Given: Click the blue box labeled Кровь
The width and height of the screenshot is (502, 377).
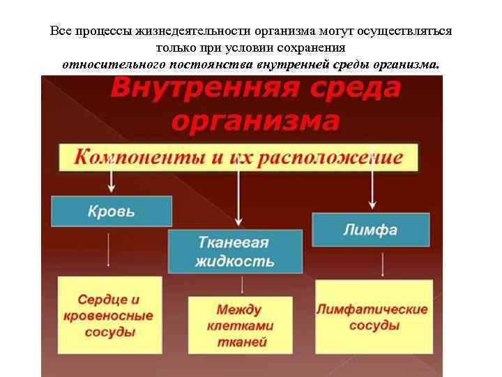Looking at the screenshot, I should [x=112, y=211].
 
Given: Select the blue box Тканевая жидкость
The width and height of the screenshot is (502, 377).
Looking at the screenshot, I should [x=235, y=252].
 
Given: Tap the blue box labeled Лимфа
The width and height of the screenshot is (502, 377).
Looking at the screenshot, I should [x=370, y=230].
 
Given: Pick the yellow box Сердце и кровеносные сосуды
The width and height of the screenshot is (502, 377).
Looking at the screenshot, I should [x=109, y=316].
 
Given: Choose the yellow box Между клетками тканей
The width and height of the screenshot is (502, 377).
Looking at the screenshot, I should [x=240, y=325].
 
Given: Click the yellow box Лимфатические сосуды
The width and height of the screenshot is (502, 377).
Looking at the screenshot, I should [x=373, y=316].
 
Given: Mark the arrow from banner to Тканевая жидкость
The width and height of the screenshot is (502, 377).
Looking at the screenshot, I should [x=238, y=199].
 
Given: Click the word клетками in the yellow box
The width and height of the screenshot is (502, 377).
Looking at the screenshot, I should [x=241, y=325].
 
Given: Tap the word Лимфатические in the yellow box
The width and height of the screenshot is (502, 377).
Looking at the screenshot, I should [x=373, y=309].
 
